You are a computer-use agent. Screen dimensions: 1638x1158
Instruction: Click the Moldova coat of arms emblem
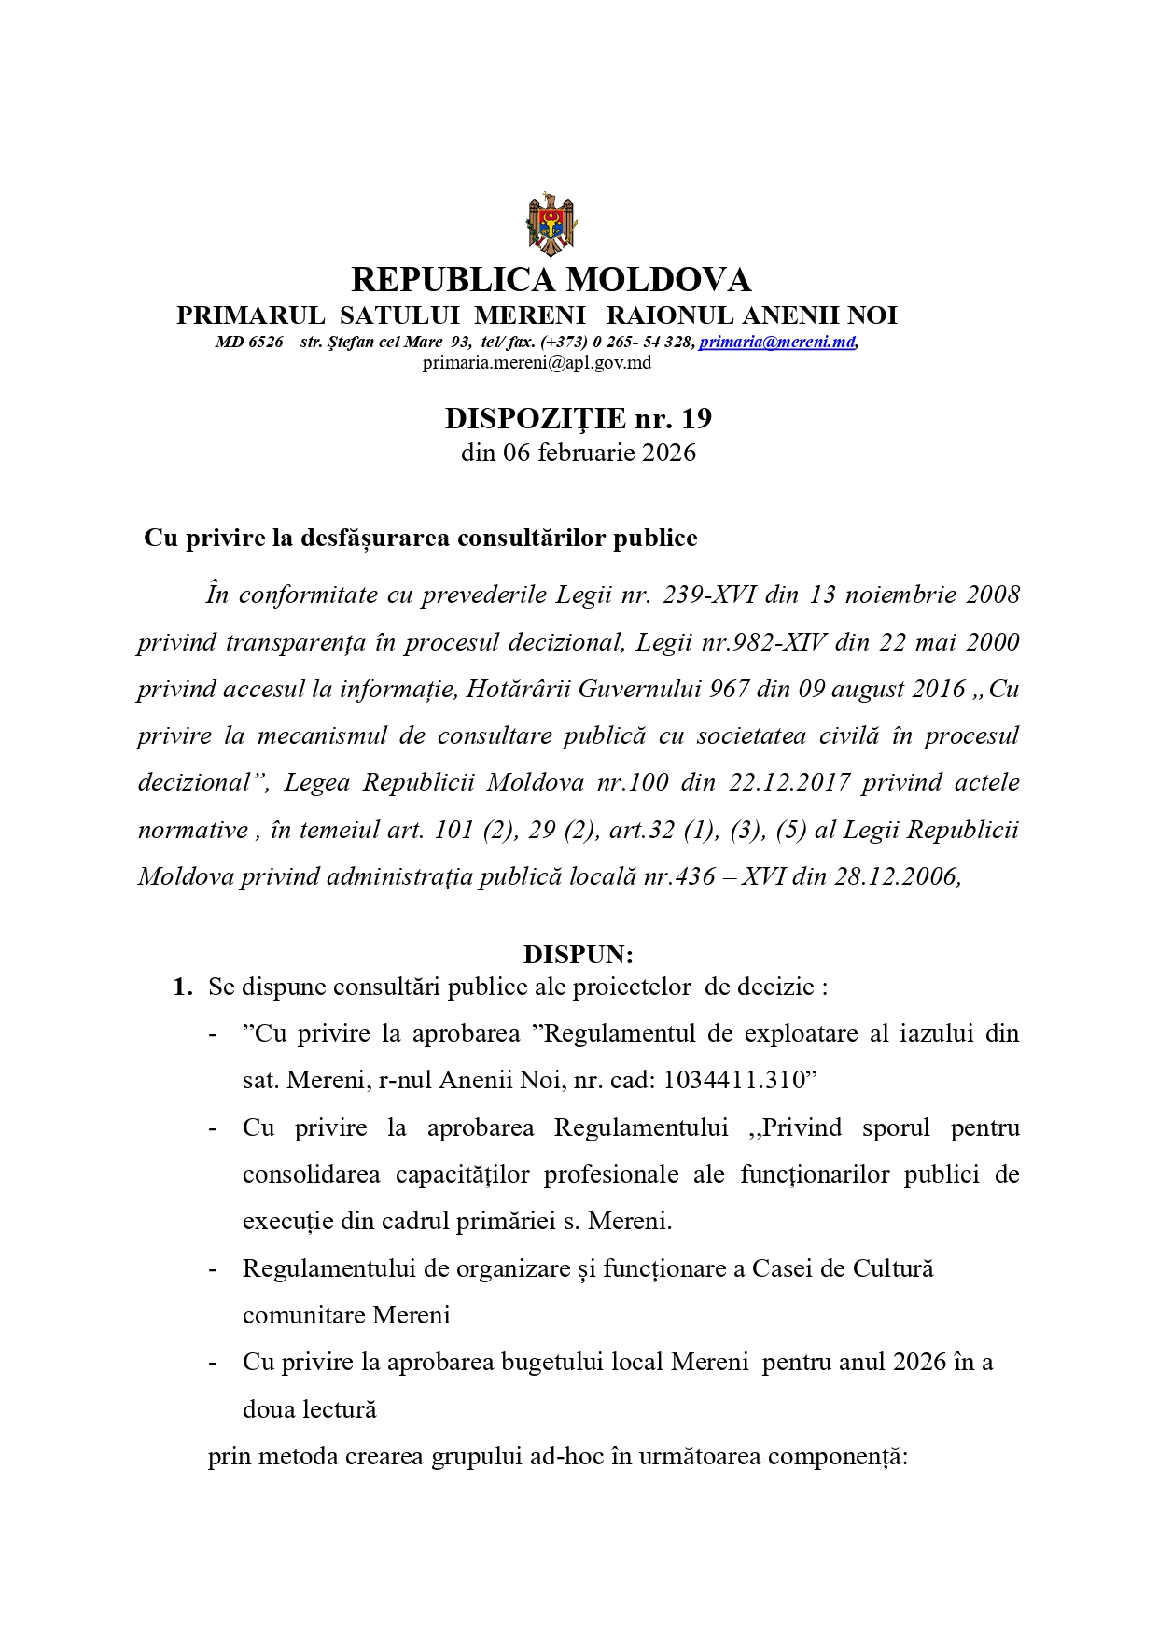tap(551, 224)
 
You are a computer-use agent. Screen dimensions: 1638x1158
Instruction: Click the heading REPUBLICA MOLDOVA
tap(551, 279)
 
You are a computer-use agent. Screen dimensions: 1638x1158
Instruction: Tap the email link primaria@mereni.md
tap(777, 342)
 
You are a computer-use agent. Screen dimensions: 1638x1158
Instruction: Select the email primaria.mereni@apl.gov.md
tap(537, 362)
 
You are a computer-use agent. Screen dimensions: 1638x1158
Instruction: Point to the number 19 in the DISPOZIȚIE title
tap(696, 418)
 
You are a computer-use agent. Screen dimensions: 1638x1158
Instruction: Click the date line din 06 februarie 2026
tap(579, 453)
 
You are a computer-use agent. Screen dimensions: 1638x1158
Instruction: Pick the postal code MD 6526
tap(249, 342)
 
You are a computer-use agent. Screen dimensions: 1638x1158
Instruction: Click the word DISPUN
tap(579, 954)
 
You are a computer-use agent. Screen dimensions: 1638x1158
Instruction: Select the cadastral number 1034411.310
tap(740, 1080)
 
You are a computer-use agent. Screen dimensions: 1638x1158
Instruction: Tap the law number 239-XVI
tap(708, 595)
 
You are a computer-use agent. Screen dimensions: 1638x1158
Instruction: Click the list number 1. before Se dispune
tap(183, 987)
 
